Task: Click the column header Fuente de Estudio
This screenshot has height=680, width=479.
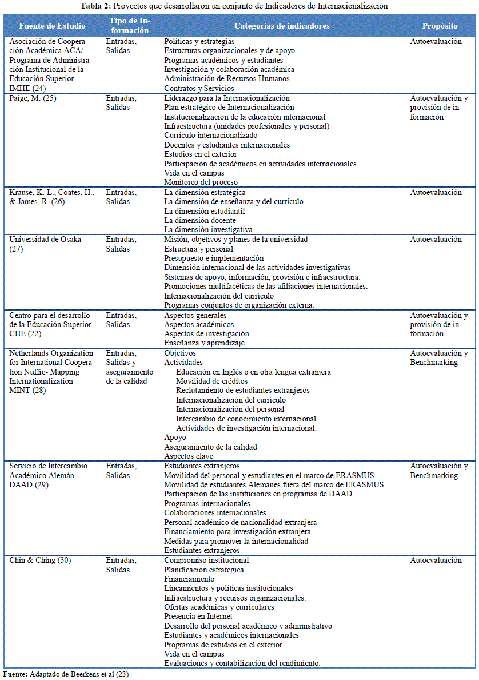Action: point(52,26)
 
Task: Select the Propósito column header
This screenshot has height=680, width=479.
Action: point(440,26)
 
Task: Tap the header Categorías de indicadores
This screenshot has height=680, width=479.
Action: point(282,26)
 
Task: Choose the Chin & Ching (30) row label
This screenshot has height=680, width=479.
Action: point(40,560)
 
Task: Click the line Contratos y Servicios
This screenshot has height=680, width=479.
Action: point(199,89)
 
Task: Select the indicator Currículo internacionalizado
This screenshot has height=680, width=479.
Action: point(210,136)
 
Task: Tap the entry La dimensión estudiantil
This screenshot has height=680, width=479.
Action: point(204,211)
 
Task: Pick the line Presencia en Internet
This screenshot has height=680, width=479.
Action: point(198,617)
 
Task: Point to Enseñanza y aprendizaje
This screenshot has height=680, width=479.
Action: point(204,343)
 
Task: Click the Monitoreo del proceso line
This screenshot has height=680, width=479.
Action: point(201,182)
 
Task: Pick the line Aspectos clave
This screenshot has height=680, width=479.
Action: point(189,456)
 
